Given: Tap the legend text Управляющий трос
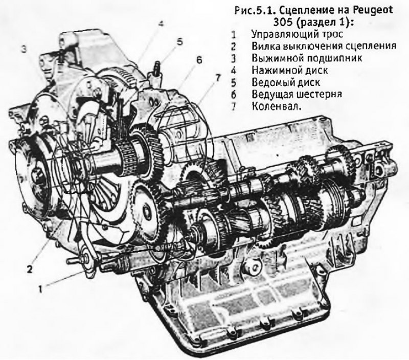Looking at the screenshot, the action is click(x=297, y=34).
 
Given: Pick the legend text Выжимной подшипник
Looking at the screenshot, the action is click(x=307, y=58).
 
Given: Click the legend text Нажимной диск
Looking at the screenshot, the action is click(x=290, y=70).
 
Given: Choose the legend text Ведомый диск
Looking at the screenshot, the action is click(x=286, y=82).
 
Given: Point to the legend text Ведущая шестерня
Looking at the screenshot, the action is click(x=297, y=94).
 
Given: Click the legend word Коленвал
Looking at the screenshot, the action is click(x=276, y=106).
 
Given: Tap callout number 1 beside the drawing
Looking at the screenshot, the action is click(x=41, y=289).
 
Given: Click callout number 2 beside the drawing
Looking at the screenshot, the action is click(x=30, y=268).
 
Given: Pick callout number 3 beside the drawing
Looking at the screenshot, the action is click(x=24, y=49).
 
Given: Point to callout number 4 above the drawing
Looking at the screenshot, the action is click(x=161, y=24).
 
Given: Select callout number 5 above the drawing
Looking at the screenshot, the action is click(x=180, y=42).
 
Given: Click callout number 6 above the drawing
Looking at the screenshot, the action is click(x=199, y=60).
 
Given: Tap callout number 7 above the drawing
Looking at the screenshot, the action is click(x=218, y=78).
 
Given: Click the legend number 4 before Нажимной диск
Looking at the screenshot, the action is click(x=234, y=71).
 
